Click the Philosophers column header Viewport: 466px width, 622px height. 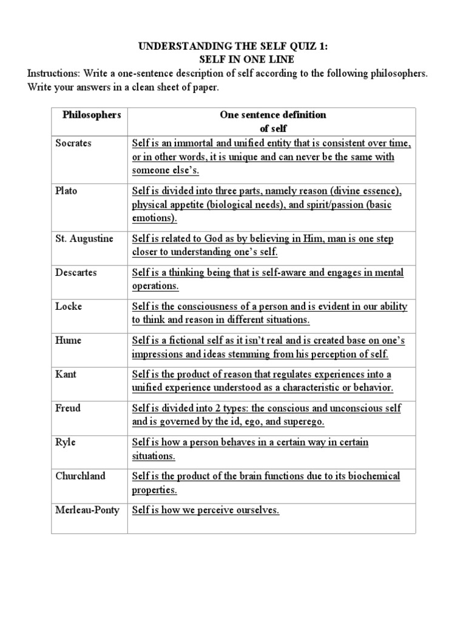coord(92,115)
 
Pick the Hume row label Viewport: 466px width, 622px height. coord(69,341)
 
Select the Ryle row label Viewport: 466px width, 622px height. coord(66,443)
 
